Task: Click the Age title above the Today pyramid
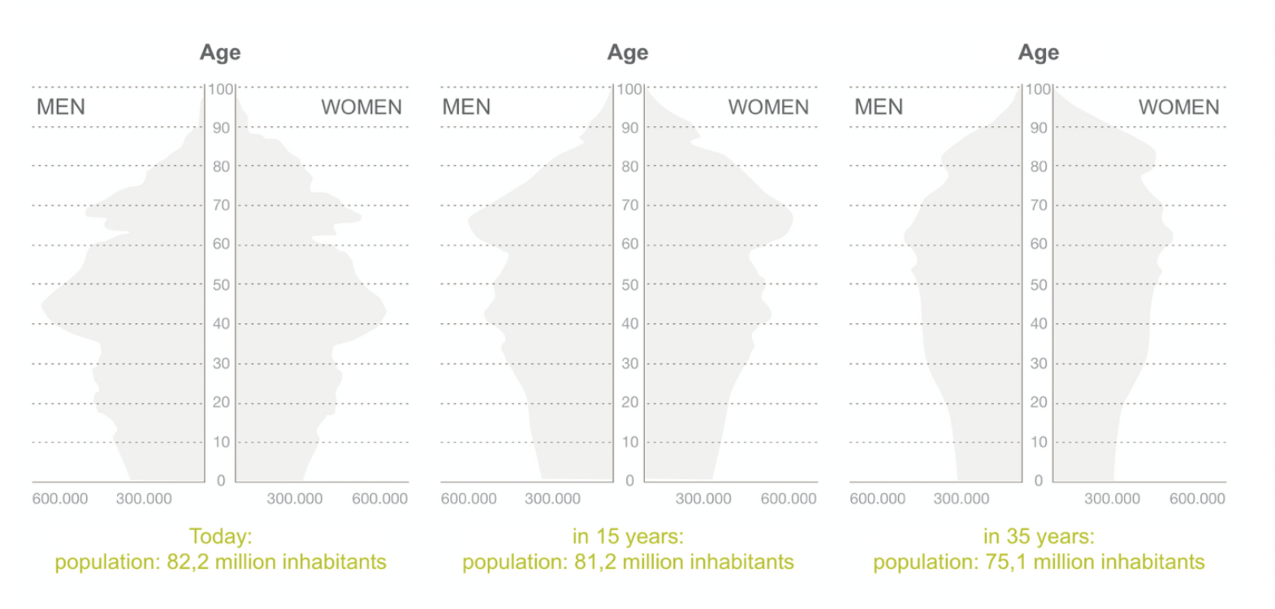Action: [220, 53]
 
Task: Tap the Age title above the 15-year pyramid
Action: [628, 53]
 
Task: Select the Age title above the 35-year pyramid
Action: [1039, 53]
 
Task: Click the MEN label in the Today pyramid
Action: [61, 107]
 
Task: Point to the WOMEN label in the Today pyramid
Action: [361, 107]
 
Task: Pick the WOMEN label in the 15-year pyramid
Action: [768, 107]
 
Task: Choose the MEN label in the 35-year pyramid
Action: [879, 107]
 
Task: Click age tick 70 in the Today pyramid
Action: [221, 205]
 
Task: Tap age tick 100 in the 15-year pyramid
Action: [629, 89]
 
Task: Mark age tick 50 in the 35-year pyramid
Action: [1039, 285]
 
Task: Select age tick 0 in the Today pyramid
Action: [221, 481]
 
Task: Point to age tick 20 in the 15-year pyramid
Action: [629, 403]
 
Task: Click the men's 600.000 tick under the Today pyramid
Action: [60, 499]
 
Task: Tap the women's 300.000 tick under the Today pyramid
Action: [295, 499]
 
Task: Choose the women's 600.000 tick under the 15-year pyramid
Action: [789, 499]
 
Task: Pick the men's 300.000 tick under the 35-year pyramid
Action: [962, 499]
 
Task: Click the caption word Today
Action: [220, 537]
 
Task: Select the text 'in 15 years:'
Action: [628, 537]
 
